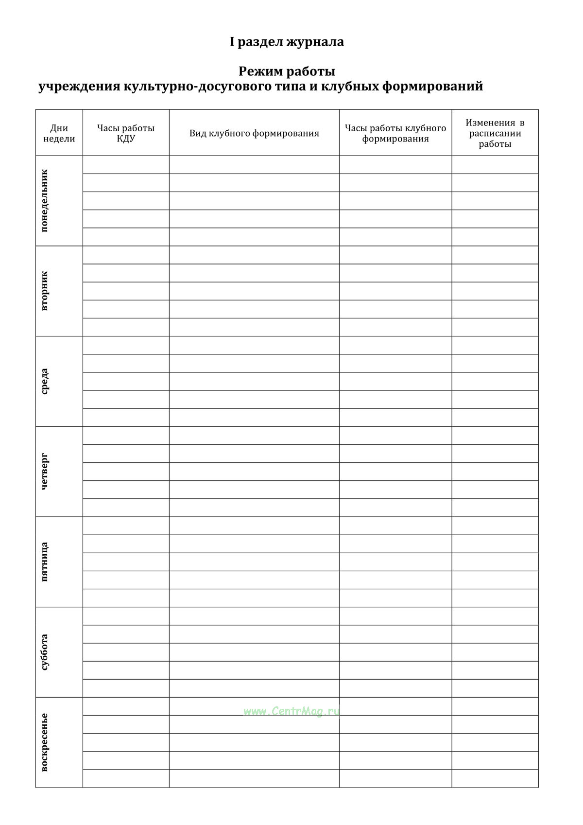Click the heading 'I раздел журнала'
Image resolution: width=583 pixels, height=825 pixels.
pyautogui.click(x=287, y=42)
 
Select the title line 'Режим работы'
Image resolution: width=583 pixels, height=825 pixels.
pyautogui.click(x=287, y=71)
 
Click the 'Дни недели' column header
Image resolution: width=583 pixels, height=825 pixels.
pyautogui.click(x=59, y=133)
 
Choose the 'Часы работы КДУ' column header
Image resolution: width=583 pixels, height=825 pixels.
pyautogui.click(x=126, y=133)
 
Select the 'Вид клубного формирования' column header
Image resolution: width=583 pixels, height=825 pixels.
pyautogui.click(x=254, y=133)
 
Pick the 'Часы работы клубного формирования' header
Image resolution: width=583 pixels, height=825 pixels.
pyautogui.click(x=395, y=133)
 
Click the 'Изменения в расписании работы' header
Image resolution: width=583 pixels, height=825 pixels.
pyautogui.click(x=495, y=133)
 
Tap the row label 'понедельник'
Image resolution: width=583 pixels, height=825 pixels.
pyautogui.click(x=45, y=201)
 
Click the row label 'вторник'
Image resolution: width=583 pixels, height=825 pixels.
pyautogui.click(x=45, y=291)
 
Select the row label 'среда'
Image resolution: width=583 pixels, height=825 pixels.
pyautogui.click(x=45, y=381)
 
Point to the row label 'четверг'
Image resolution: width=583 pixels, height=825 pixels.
pyautogui.click(x=45, y=472)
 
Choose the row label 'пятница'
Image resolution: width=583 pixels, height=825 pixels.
pyautogui.click(x=45, y=562)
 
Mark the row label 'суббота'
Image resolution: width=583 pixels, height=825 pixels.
pyautogui.click(x=45, y=652)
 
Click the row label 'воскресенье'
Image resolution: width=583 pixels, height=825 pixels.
pyautogui.click(x=45, y=742)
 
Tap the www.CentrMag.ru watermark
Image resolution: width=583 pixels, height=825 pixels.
pyautogui.click(x=291, y=711)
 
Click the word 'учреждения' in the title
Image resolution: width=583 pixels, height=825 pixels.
pyautogui.click(x=79, y=87)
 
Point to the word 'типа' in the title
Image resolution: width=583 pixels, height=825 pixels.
pyautogui.click(x=292, y=87)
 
